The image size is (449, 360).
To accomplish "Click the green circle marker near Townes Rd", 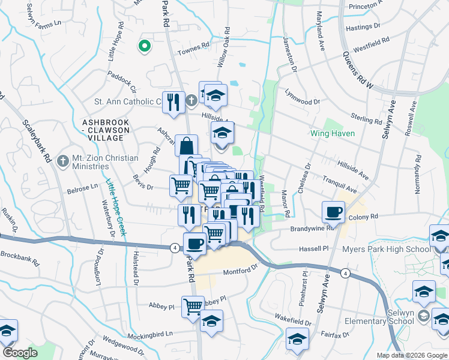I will [144, 46].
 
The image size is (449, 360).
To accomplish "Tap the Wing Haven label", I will [332, 133].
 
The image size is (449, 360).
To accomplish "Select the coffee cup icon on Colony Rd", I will [333, 211].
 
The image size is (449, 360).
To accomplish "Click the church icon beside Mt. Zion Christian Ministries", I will [62, 161].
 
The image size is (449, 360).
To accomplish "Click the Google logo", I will [20, 352].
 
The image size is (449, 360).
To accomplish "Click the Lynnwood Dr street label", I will [303, 100].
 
